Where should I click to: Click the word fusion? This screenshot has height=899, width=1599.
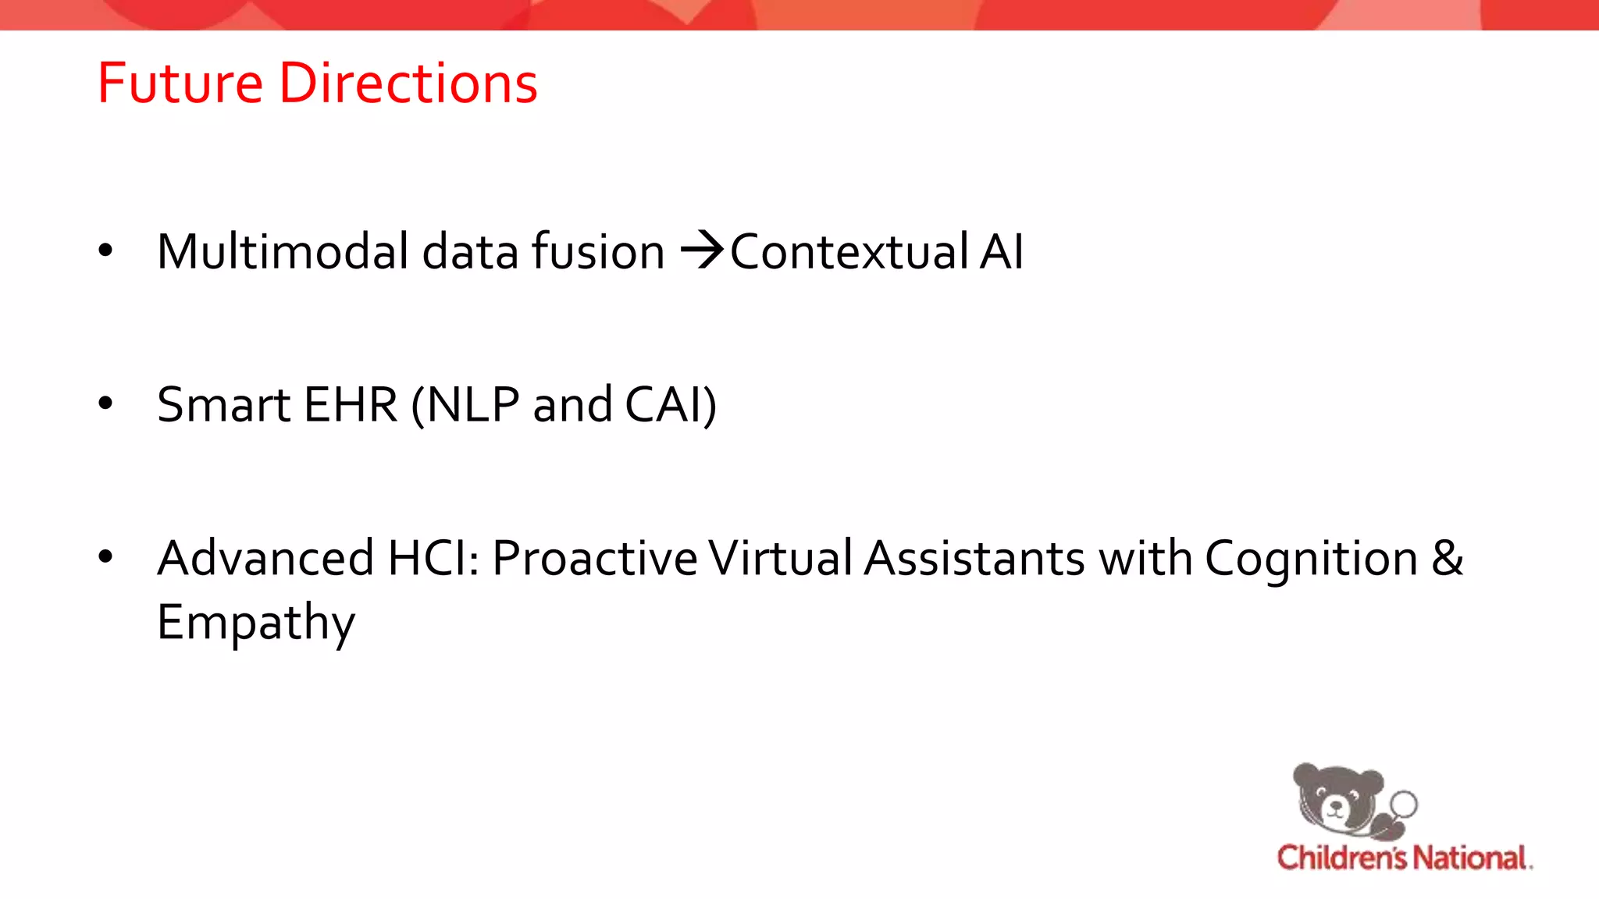(x=598, y=251)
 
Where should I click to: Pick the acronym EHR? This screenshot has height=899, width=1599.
(x=351, y=404)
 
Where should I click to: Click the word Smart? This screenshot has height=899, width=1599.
(x=223, y=404)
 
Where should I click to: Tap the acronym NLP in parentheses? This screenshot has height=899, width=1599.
(x=473, y=404)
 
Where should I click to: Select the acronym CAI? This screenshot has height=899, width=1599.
(x=664, y=404)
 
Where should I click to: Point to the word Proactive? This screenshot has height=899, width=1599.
(x=595, y=558)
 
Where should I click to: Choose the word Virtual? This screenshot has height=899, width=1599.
(x=780, y=558)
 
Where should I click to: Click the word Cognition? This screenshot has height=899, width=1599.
(x=1311, y=558)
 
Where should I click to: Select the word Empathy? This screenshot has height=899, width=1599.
(x=256, y=622)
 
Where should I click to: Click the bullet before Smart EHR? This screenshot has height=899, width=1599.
(x=106, y=403)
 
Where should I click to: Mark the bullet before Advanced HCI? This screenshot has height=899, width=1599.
(x=106, y=556)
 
